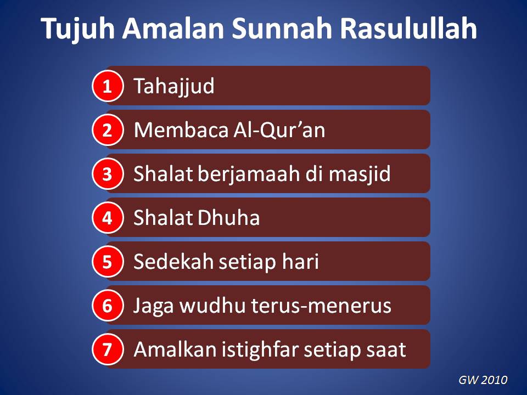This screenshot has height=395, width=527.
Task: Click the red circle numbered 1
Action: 107,86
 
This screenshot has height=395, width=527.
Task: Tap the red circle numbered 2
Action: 107,130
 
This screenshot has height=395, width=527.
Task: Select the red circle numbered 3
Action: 107,174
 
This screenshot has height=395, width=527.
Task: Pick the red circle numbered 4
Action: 107,218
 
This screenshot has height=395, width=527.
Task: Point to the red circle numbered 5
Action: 107,262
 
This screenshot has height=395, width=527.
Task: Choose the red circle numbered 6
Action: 107,306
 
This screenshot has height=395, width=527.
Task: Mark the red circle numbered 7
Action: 107,349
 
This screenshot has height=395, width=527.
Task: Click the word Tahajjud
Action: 174,87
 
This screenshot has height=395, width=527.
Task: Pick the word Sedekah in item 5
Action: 174,262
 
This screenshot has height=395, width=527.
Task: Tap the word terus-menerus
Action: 322,306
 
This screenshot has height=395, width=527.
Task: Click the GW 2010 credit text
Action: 483,380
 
